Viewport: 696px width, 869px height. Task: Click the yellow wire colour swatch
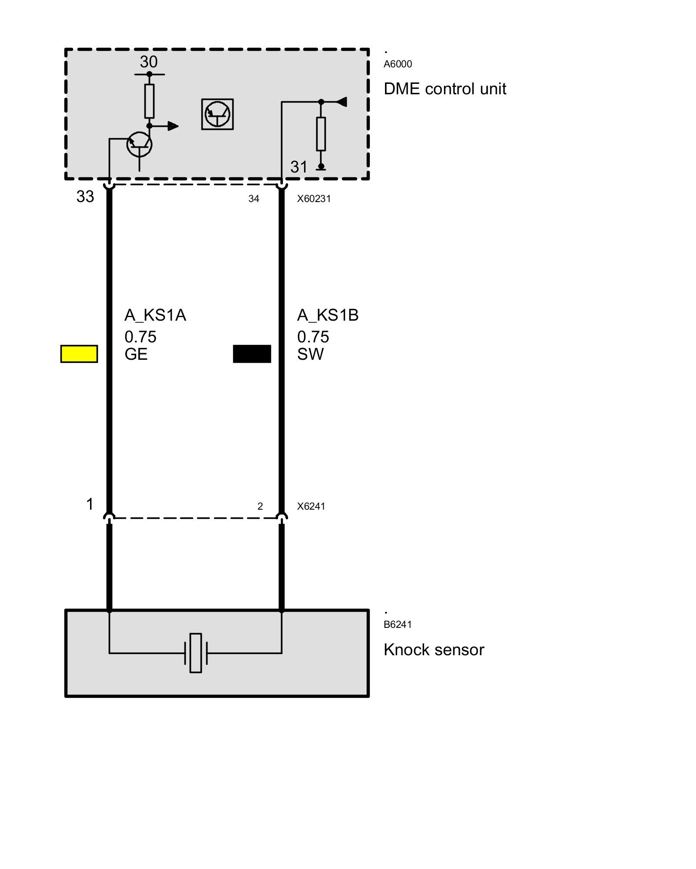tap(79, 354)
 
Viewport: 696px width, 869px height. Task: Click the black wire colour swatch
tap(252, 354)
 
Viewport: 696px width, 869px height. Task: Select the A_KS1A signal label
tap(155, 315)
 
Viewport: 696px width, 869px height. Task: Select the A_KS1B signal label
tap(328, 315)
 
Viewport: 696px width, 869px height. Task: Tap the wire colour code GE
tap(136, 354)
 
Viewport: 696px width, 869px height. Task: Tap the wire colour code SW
tap(310, 354)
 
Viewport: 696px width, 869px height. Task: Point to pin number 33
tap(85, 196)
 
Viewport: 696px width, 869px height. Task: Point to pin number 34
tap(254, 199)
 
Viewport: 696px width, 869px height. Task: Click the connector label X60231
tap(314, 199)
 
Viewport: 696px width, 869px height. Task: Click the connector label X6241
tap(311, 506)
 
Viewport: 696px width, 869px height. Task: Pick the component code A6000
tap(398, 64)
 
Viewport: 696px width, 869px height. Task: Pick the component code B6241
tap(398, 624)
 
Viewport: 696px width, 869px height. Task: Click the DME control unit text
tap(445, 89)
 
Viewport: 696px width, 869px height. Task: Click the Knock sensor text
tap(434, 650)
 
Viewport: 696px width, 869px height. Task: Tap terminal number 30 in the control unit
tap(148, 62)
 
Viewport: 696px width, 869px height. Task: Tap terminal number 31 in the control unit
tap(299, 167)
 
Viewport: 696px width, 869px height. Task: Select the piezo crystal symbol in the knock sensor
tap(196, 653)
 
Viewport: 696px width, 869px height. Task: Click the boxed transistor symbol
tap(217, 114)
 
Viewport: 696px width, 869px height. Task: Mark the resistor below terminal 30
tap(149, 101)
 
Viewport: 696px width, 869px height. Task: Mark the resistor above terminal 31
tap(321, 134)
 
